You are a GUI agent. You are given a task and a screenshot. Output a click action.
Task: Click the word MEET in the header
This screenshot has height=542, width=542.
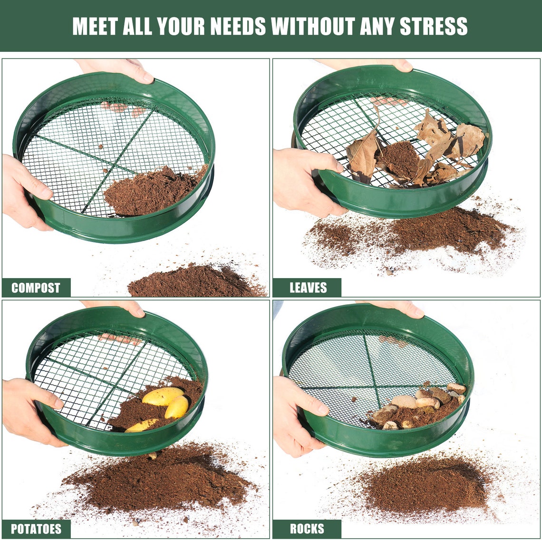click(95, 27)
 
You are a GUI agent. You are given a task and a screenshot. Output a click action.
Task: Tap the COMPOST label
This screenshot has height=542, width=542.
click(36, 288)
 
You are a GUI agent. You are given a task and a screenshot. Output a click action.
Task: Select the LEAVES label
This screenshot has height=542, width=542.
click(308, 288)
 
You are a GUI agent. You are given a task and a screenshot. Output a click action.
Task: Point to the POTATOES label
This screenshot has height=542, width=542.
click(36, 529)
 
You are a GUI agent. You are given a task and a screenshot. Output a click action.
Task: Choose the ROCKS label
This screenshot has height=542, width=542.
click(307, 529)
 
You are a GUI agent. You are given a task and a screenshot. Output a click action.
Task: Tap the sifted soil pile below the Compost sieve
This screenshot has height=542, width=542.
click(195, 283)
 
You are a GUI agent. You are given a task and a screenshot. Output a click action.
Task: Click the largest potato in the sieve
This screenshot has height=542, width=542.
click(163, 396)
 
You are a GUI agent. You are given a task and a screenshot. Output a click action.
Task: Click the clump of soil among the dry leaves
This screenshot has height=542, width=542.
click(399, 159)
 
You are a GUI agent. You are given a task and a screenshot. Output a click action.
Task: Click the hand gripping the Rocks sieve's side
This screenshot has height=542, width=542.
click(297, 414)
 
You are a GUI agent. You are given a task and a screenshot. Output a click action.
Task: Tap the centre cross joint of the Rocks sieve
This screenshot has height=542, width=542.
click(375, 387)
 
